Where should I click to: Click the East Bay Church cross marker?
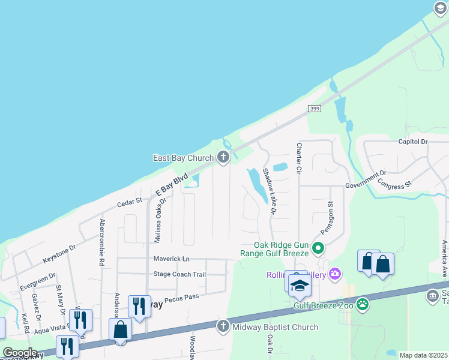pos(223,158)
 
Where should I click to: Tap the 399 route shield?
pos(314,109)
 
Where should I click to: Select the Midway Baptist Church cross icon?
pos(223,327)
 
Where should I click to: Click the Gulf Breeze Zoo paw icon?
pos(363,305)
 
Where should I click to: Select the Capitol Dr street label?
pos(412,142)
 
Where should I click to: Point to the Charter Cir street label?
pos(297,158)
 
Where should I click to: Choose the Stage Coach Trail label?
pos(179,274)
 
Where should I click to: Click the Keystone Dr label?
pos(59,254)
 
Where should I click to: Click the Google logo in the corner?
pos(20,352)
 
